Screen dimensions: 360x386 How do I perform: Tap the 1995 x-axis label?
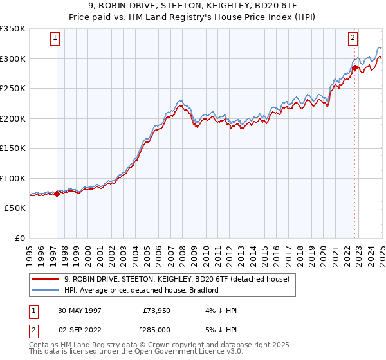pos(30,251)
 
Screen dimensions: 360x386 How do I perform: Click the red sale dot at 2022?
pos(354,67)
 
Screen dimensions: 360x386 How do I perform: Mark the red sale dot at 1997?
pos(57,194)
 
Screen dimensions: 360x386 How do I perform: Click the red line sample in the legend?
pos(45,279)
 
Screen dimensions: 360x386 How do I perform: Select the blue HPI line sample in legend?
pos(45,290)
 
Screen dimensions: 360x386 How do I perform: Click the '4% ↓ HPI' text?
pos(219,310)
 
